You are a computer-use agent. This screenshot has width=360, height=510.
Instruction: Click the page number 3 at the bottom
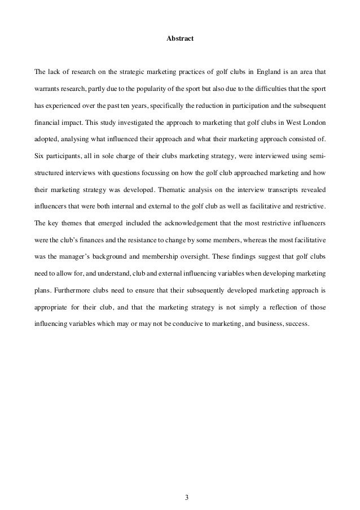click(x=180, y=481)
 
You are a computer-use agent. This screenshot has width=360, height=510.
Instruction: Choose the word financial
click(x=49, y=121)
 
